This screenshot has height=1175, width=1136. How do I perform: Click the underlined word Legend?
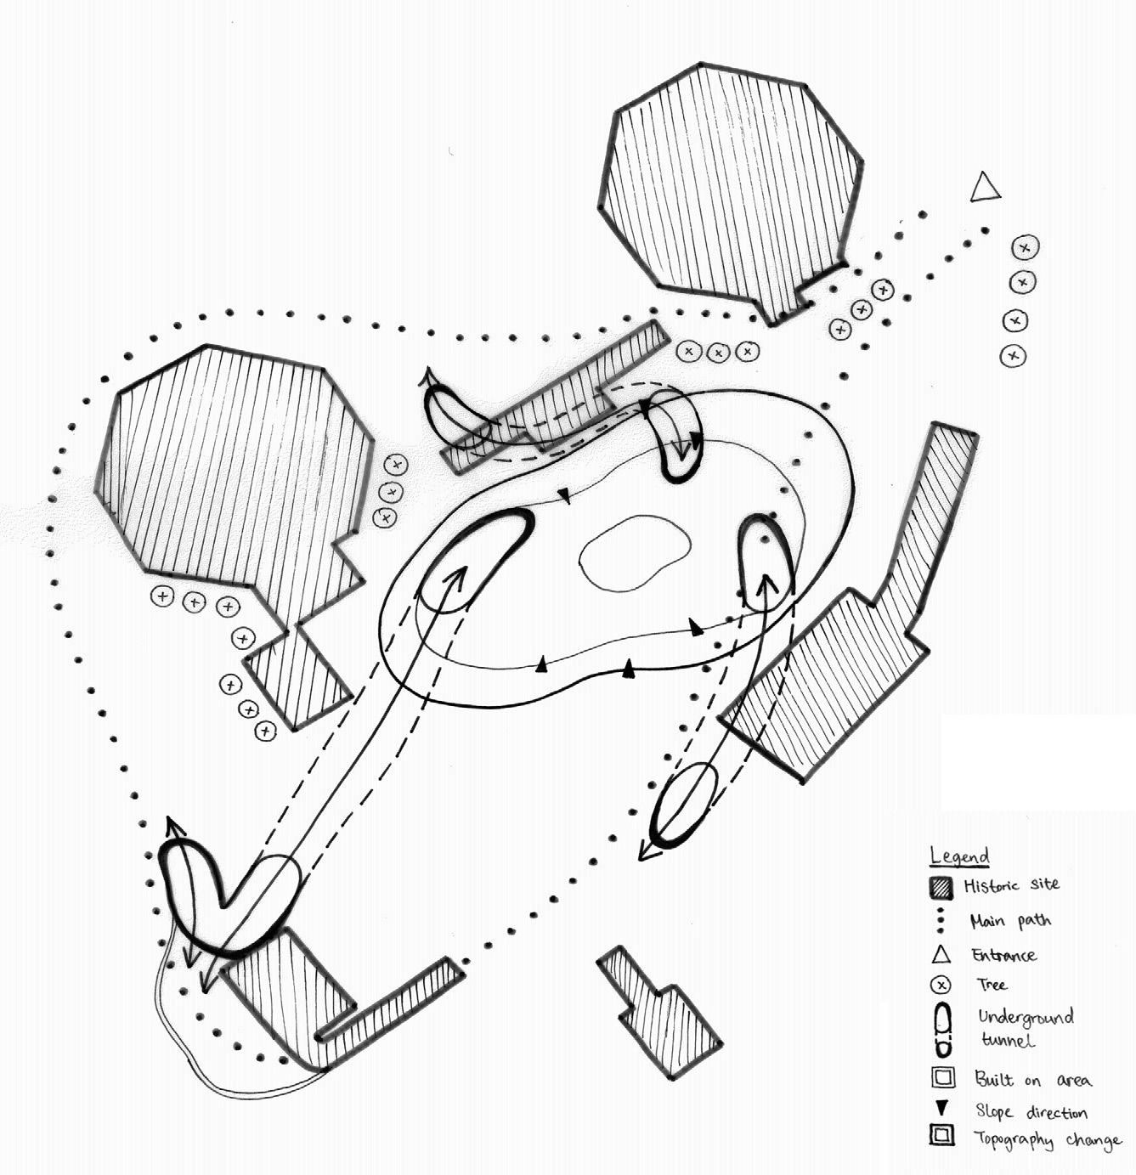click(959, 856)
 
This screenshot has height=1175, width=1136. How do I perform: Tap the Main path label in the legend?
click(1010, 921)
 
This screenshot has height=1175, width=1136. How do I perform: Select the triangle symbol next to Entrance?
click(941, 954)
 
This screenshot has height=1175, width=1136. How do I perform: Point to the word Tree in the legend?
click(992, 985)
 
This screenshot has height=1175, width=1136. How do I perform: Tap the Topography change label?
click(1047, 1139)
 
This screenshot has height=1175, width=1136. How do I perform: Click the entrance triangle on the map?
click(985, 188)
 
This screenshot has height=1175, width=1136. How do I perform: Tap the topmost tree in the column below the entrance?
click(1025, 247)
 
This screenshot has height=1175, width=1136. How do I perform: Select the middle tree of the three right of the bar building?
click(718, 351)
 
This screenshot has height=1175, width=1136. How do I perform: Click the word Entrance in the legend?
click(1003, 955)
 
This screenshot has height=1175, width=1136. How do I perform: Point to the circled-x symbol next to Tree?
click(941, 986)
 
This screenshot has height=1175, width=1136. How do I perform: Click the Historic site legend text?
click(1011, 885)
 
